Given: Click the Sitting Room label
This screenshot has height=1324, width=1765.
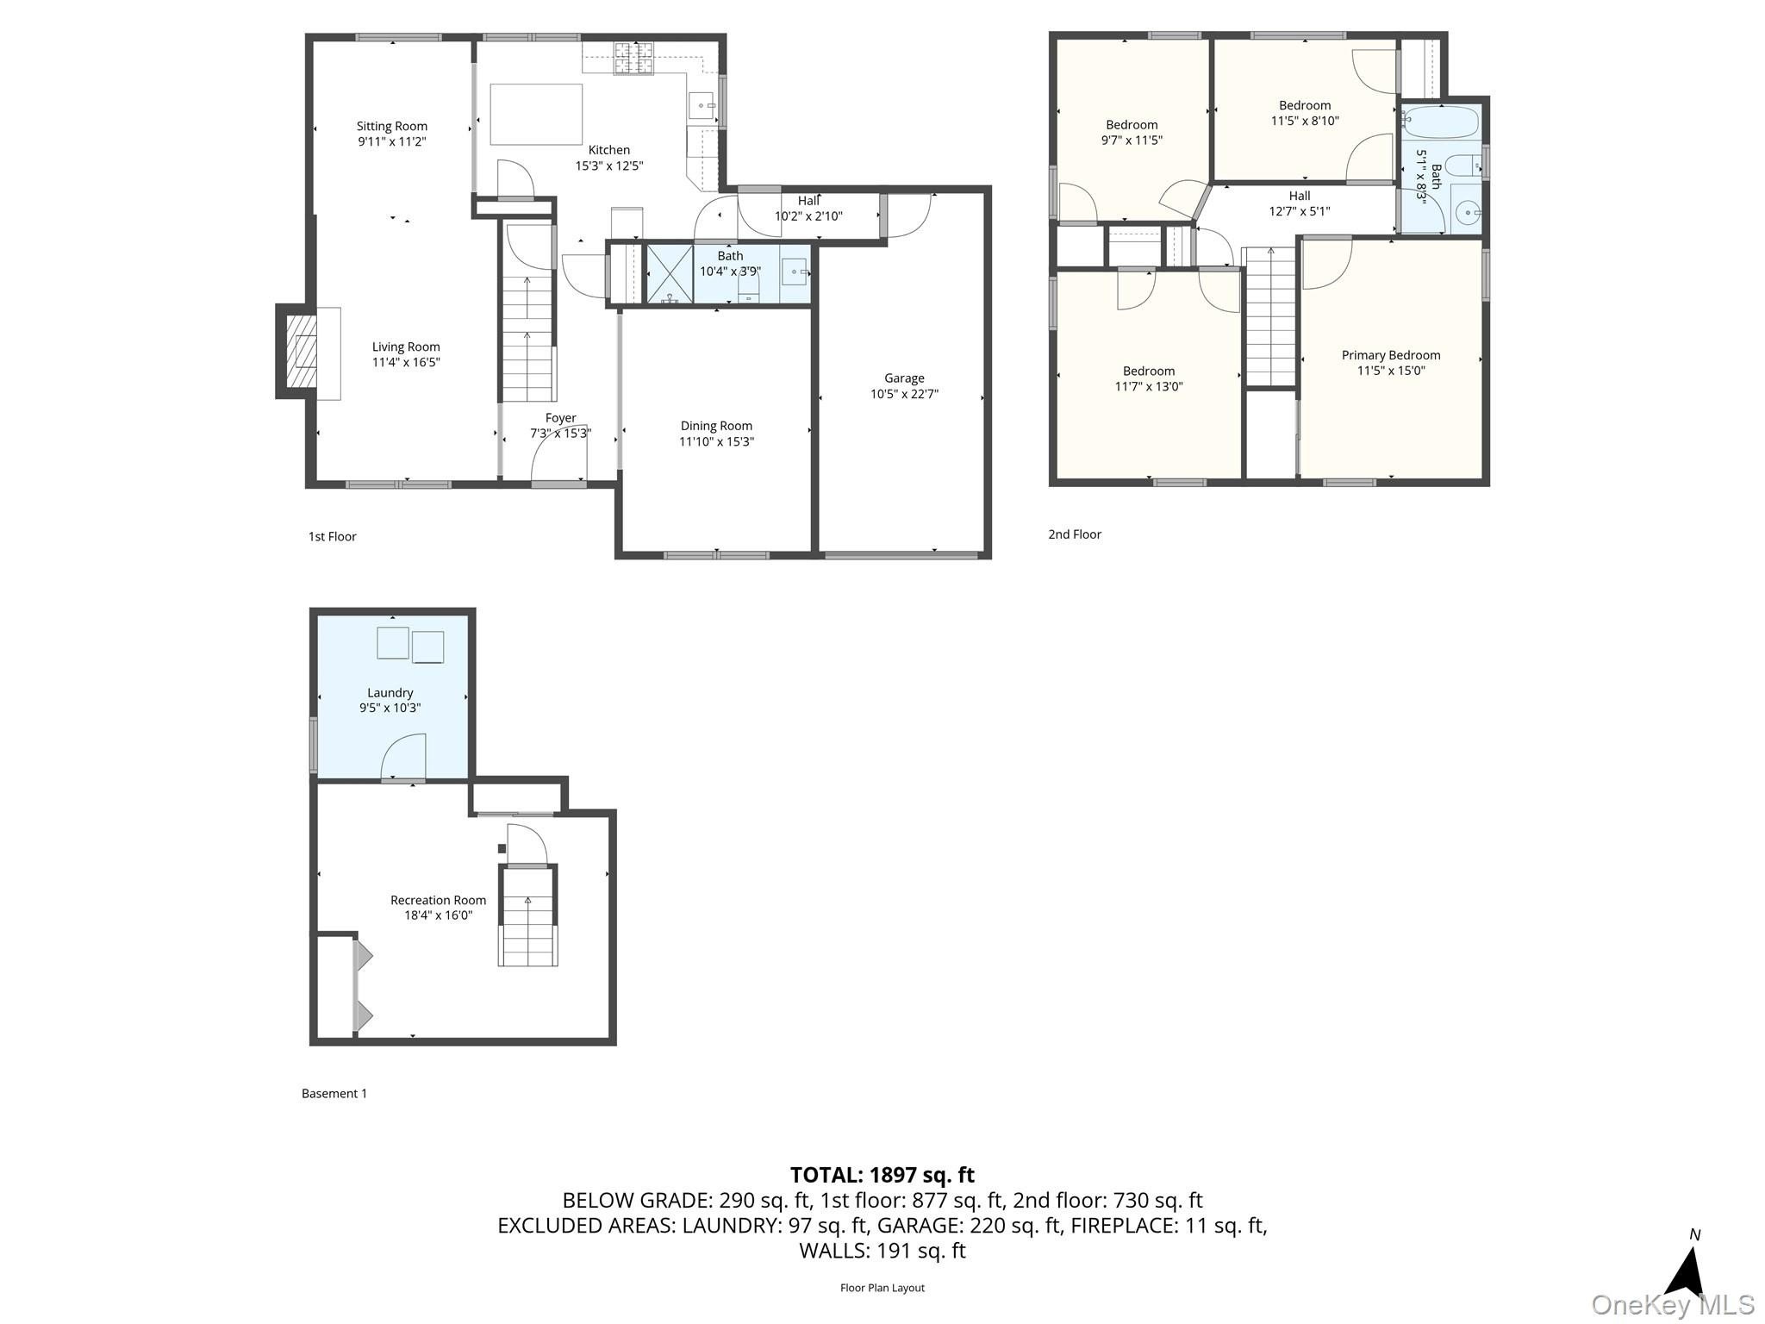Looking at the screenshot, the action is (392, 127).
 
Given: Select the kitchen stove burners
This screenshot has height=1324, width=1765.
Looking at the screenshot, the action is (633, 59).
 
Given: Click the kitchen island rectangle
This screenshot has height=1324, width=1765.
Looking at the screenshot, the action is (536, 115).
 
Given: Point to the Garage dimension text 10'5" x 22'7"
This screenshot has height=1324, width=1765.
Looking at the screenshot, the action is (904, 394).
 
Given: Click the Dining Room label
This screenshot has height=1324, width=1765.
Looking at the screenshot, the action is (716, 426).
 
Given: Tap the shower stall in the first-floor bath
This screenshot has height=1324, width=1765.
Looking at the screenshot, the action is (670, 275).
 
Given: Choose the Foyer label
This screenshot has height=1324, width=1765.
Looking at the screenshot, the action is (560, 418).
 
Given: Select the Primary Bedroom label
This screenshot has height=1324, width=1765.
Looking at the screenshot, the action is (1391, 355).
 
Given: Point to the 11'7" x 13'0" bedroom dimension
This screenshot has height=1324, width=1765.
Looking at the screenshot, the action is (1149, 387).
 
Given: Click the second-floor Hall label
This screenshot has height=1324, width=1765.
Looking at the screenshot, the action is (1300, 196).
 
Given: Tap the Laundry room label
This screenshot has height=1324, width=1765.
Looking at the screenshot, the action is (390, 692).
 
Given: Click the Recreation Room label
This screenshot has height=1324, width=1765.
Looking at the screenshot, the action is (439, 900).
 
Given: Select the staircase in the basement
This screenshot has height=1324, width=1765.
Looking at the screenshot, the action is (528, 916).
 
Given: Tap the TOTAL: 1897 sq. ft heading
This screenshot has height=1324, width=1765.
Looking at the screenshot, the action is (882, 1175).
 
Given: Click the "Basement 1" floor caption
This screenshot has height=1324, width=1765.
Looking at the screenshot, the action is (334, 1093).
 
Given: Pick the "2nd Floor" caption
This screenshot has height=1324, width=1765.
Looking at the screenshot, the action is (1075, 534).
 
